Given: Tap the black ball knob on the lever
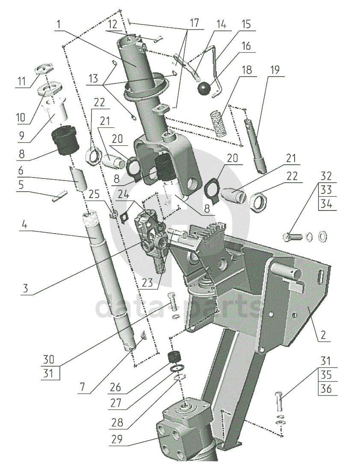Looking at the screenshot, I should point(204,89).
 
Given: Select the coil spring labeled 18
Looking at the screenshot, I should point(218,123).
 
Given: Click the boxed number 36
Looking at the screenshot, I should point(326,389).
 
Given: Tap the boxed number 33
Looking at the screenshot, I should point(326,190).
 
